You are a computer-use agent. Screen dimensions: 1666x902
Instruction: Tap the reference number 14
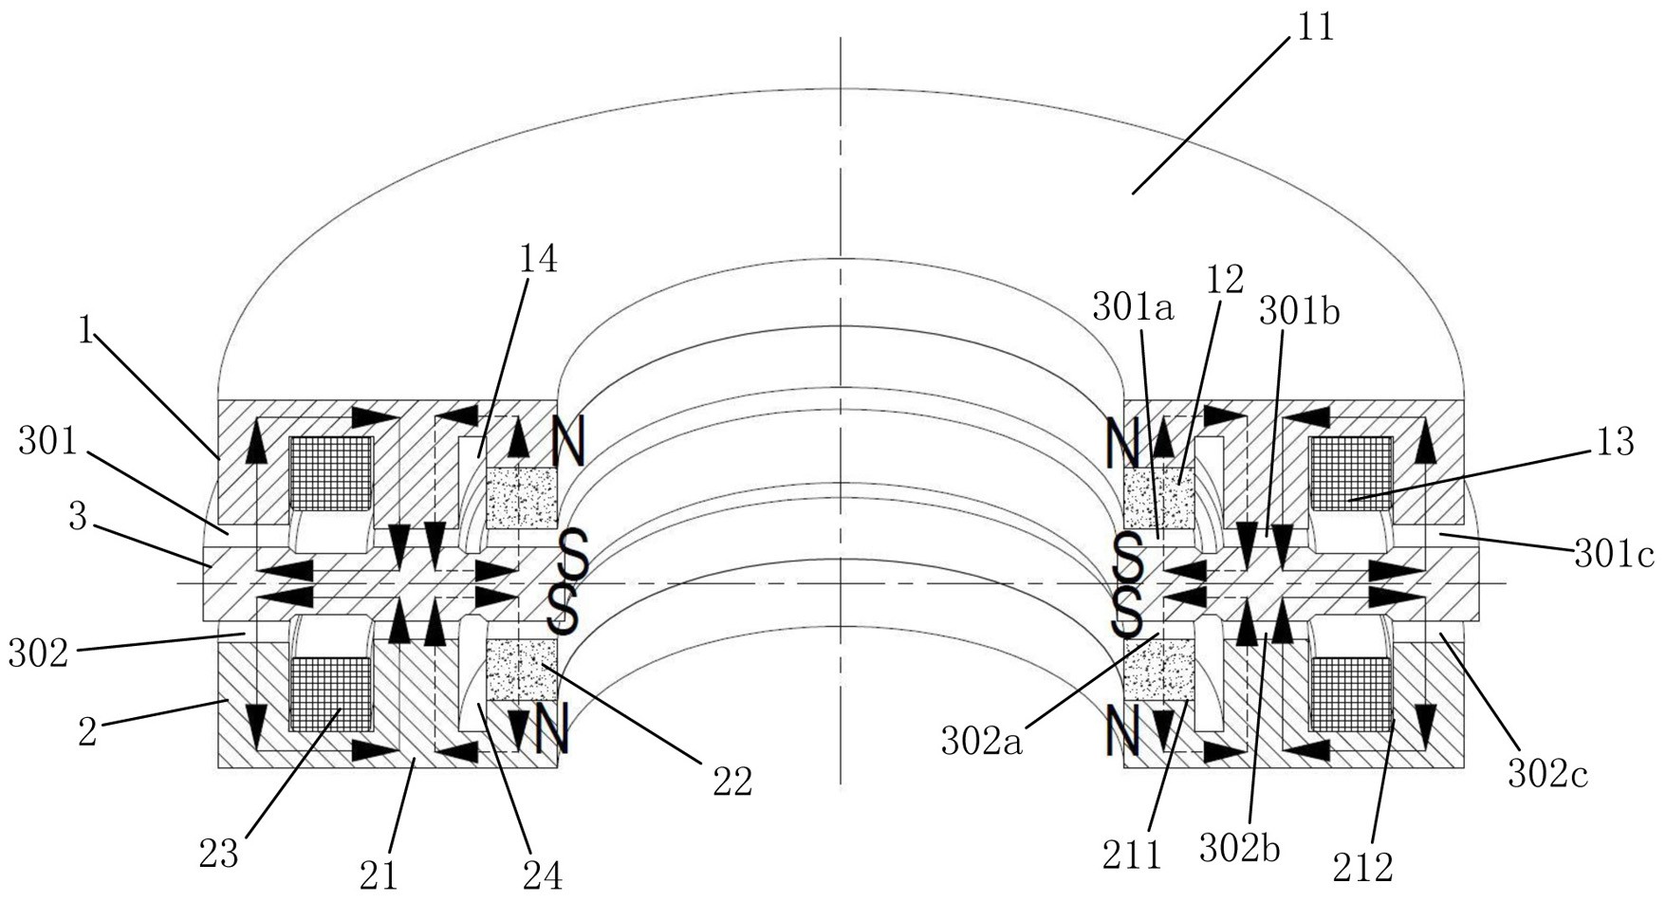tap(538, 258)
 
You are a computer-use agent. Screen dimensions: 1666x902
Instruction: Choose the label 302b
tap(1239, 848)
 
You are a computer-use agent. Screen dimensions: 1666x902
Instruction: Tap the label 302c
tap(1547, 774)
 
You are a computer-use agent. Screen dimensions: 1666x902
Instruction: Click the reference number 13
tap(1615, 441)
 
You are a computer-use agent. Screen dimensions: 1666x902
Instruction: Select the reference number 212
tap(1363, 867)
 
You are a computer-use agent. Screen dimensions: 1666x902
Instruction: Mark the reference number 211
tap(1132, 856)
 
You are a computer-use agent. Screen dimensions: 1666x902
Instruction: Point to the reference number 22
tap(732, 782)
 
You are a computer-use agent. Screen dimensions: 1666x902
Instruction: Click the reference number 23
tap(219, 854)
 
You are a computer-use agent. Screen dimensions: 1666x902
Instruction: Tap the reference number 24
tap(542, 875)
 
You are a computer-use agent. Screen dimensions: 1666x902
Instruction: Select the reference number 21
tap(379, 875)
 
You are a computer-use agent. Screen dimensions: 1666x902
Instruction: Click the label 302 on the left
tap(39, 653)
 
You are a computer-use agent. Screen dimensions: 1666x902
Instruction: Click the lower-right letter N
tap(1122, 730)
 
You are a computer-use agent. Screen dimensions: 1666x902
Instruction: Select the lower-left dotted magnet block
tap(520, 670)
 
